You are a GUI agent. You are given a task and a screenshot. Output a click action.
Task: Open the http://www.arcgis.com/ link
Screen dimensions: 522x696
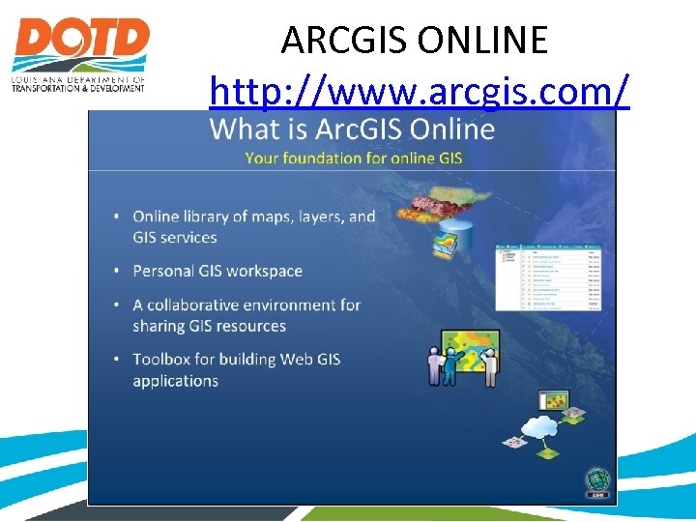(x=420, y=92)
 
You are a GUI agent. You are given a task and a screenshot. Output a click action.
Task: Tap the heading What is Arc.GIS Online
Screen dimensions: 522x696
(x=352, y=129)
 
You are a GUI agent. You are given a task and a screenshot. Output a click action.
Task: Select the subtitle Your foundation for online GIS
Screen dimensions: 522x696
(x=353, y=157)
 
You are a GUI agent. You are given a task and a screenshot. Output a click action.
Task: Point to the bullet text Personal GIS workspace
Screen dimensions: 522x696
(x=217, y=271)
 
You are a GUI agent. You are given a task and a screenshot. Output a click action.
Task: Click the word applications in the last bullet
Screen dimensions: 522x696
(x=176, y=380)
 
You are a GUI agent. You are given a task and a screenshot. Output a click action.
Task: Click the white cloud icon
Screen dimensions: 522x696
(x=538, y=425)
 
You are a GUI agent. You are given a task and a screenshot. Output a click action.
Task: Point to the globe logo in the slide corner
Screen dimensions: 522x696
(x=596, y=480)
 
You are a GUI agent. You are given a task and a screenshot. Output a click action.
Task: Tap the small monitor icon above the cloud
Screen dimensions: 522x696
(x=555, y=399)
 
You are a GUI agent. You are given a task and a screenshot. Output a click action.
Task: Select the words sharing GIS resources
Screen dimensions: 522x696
(x=209, y=326)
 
